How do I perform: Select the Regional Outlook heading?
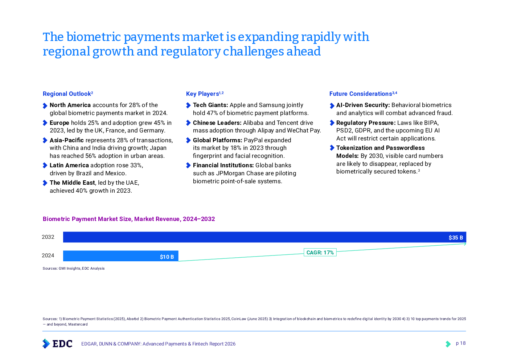pos(68,94)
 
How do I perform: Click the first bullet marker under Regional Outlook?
pos(45,106)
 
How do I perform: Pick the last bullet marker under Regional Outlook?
pos(45,183)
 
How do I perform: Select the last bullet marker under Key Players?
pos(188,165)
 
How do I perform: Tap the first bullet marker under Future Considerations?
pos(332,106)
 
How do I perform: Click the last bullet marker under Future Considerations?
pos(332,148)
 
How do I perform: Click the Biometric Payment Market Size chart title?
pos(129,219)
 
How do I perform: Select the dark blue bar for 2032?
pos(254,237)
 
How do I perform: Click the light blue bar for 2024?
pos(109,256)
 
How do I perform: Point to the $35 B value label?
pos(456,238)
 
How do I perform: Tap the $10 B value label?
pos(167,257)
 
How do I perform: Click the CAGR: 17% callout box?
pos(320,253)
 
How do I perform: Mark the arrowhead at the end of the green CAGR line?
pos(465,244)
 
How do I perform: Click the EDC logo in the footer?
pos(57,343)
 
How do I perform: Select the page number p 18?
pos(460,343)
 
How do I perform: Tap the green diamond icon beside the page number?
pos(448,344)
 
